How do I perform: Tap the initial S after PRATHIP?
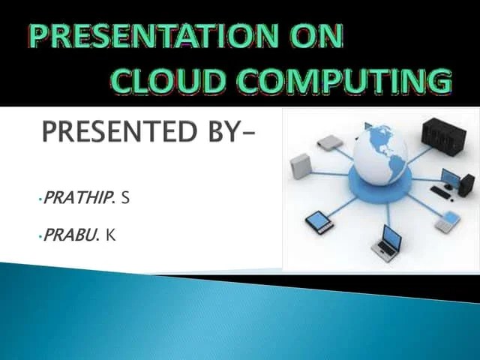[126, 198]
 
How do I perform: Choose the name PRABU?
[71, 235]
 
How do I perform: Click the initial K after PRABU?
[110, 235]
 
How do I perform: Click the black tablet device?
[319, 220]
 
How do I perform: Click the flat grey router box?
[328, 140]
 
